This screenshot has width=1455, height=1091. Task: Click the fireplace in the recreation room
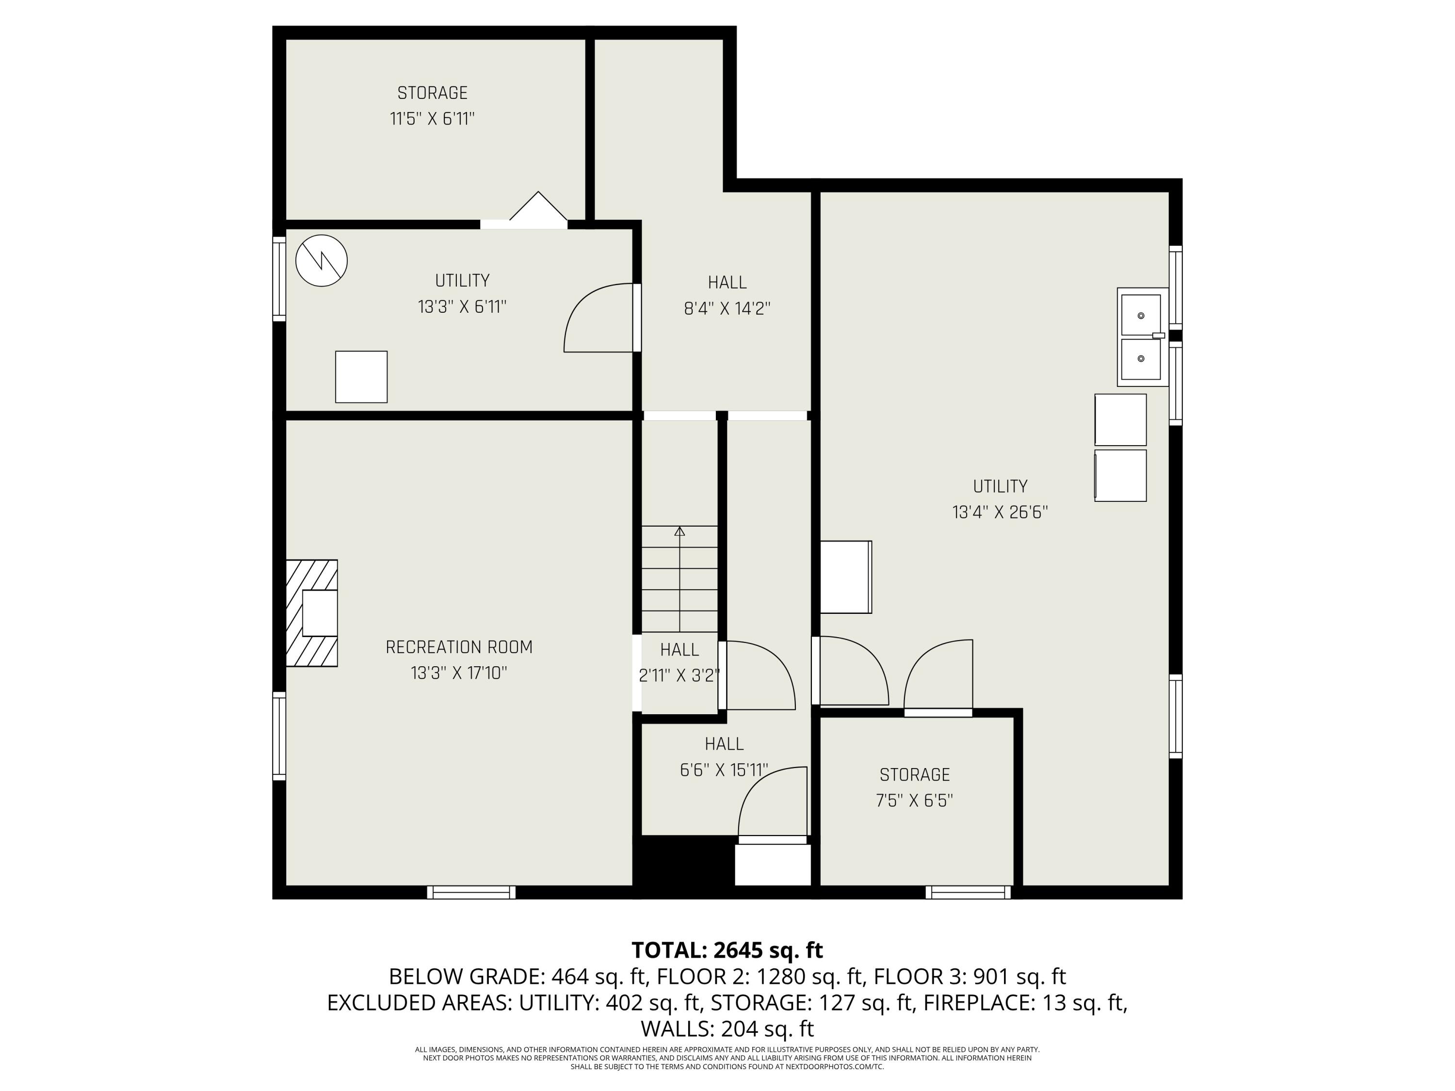[312, 613]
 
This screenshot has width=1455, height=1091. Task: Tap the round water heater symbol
[321, 260]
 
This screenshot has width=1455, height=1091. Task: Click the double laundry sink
[1141, 337]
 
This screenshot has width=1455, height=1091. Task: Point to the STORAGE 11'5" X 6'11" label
[432, 106]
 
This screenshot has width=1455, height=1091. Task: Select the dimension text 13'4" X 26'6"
[1000, 513]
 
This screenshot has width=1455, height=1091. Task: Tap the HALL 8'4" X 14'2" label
[727, 295]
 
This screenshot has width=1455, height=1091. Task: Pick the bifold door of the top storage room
[538, 209]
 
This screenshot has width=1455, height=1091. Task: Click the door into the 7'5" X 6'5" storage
[938, 677]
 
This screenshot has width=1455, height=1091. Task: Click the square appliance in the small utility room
[361, 377]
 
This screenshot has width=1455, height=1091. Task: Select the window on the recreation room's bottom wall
[471, 892]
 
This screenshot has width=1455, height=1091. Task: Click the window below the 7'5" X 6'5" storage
[968, 892]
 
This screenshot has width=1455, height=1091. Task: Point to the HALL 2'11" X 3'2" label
[679, 663]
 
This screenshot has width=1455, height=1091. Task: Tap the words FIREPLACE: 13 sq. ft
[1025, 1002]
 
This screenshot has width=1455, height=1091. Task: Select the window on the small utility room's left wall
[279, 279]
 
